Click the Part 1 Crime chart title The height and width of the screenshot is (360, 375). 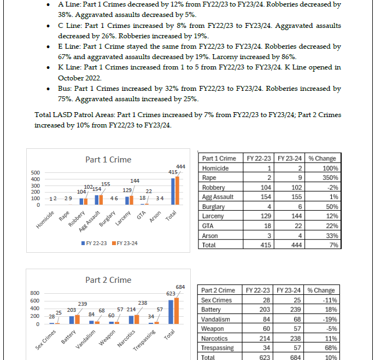[108, 160]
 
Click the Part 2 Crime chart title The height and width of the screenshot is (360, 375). [108, 280]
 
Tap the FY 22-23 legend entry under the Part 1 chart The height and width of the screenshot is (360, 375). [93, 243]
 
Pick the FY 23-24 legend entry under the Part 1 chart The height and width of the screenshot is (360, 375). [124, 243]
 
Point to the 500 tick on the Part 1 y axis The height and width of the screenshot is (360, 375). [35, 172]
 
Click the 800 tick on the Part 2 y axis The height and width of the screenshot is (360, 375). [35, 293]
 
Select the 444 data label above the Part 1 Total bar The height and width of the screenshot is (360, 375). [180, 166]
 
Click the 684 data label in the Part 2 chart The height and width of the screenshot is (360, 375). [180, 287]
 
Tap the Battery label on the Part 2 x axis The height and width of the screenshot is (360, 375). [68, 336]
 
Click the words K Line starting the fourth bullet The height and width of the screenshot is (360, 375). [68, 67]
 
